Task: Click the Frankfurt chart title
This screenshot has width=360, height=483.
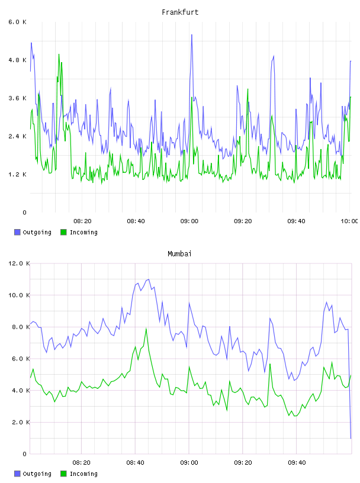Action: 180,12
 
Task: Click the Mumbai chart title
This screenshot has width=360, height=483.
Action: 179,254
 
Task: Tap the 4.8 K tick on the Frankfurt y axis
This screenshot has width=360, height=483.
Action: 18,60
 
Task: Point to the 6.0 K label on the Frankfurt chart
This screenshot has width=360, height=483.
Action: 18,22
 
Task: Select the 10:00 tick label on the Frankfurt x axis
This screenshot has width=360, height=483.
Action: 349,221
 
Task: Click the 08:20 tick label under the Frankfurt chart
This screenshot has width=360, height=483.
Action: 82,221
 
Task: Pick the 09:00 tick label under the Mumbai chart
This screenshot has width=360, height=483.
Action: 189,462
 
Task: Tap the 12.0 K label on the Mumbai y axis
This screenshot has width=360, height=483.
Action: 19,263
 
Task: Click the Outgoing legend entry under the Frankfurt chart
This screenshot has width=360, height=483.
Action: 33,232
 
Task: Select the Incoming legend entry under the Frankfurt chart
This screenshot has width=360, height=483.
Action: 79,232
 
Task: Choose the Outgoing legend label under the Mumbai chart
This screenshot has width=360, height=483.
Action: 37,474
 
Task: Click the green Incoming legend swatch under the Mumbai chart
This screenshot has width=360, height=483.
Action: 63,474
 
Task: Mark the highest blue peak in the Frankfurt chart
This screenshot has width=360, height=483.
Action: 192,35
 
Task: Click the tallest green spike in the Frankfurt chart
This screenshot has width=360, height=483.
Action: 59,54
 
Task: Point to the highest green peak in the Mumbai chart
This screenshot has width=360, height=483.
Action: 146,329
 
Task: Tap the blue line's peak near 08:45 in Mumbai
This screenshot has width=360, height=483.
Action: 149,279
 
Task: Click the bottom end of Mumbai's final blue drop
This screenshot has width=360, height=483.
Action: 351,438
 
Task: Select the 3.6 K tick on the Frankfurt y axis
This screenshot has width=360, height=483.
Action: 18,98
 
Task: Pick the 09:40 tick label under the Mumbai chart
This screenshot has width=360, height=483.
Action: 297,462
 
